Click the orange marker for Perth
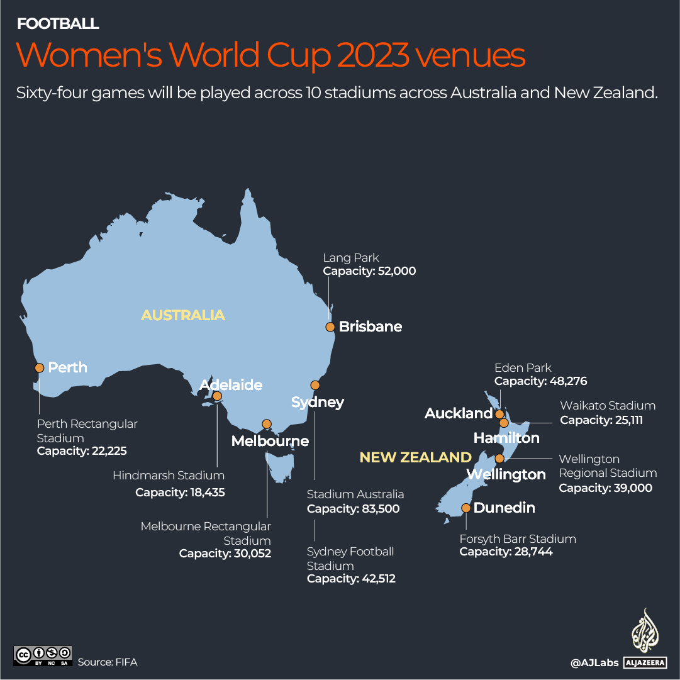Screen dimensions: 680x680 coord(39,367)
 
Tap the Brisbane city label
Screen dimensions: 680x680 coord(370,326)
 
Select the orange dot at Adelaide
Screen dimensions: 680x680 coord(217,396)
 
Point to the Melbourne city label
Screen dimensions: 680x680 coord(270,441)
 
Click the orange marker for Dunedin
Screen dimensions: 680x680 coord(466,508)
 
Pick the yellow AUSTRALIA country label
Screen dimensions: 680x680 coord(182,315)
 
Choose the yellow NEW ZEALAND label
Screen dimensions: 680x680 coord(415,457)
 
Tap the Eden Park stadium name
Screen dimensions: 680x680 coord(523,367)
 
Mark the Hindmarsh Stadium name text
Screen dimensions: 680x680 coord(169,476)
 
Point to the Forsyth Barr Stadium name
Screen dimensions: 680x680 coord(518,538)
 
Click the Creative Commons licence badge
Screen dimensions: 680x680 coord(43,655)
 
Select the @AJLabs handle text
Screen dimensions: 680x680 coord(594,662)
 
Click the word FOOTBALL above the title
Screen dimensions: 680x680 coord(58,24)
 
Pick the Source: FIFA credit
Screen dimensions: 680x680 coord(108,662)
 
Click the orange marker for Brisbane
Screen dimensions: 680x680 coord(330,326)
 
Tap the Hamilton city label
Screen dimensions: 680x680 coord(506,437)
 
